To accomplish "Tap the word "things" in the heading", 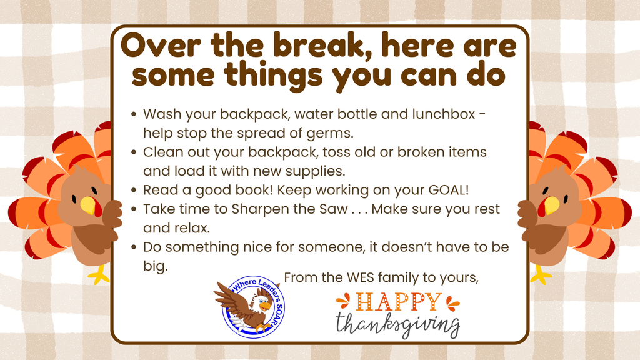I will tap(277, 76).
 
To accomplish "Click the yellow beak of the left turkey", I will tap(87, 205).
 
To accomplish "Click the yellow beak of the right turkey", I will tap(551, 205).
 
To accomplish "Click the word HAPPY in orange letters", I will tap(397, 303).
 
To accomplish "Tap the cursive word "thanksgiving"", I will tap(397, 326).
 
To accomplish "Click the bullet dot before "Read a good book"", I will tap(134, 191).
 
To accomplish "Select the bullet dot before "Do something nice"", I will tap(134, 247).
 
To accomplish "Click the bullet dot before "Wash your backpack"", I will tap(134, 115).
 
